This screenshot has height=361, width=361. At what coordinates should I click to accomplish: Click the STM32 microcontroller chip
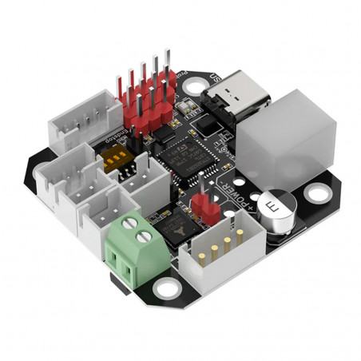pos(190,156)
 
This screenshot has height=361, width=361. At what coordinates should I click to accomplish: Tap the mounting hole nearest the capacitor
pos(319,192)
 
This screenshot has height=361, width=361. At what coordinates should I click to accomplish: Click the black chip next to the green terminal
pos(169,227)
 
